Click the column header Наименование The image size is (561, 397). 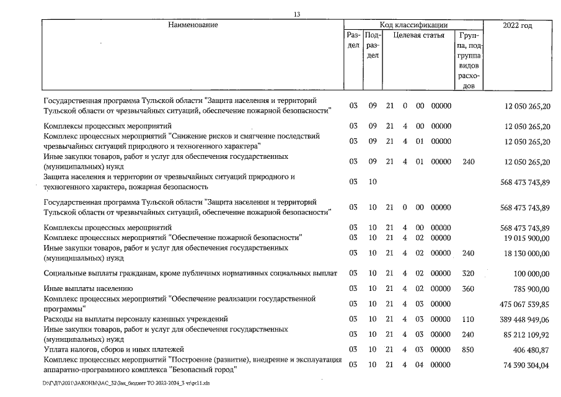point(193,25)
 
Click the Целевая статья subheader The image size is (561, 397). point(419,35)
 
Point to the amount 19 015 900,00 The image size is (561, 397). point(525,237)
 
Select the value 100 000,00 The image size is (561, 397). point(531,273)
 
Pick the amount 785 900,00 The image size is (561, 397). point(531,288)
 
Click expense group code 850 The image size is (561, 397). point(469,350)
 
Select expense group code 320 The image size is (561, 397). point(469,273)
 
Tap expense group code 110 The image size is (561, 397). point(469,319)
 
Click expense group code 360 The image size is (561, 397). point(469,288)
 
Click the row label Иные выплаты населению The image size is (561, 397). point(89,288)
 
